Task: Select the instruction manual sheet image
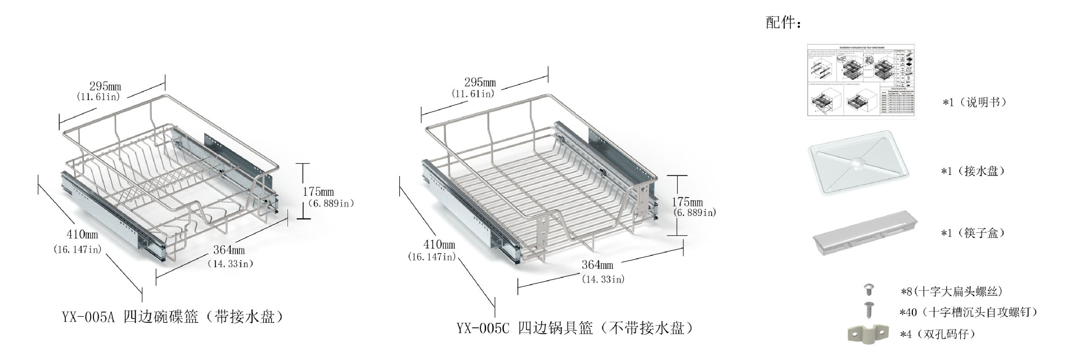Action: [861, 80]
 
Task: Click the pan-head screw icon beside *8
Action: [869, 290]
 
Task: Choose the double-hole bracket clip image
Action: [867, 333]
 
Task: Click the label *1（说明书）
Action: [974, 102]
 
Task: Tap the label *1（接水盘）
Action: [973, 171]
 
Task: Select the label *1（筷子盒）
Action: [973, 233]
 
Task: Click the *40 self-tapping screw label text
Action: [967, 312]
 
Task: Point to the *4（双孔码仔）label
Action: [937, 334]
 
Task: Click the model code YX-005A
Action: [88, 317]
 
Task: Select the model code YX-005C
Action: [482, 328]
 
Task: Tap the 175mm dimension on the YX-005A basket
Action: [318, 192]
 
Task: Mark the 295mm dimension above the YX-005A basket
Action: [105, 86]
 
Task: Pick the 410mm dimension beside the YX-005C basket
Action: [439, 245]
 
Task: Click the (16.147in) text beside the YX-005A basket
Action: [77, 249]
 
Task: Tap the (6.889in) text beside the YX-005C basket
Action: [694, 213]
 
